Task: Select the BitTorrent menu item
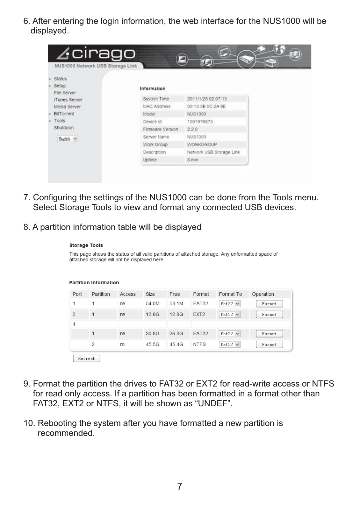coord(64,114)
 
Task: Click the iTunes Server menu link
coord(68,100)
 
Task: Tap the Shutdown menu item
coord(64,128)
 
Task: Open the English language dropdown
coord(68,139)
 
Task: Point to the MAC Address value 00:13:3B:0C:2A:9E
coord(206,106)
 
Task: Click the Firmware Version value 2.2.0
coord(192,129)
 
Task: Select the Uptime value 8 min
coord(192,160)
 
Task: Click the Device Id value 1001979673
coord(200,122)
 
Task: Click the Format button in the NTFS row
coord(269,344)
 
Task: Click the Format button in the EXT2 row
coord(269,315)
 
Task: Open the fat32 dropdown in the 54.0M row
coord(230,304)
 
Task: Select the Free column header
coord(175,294)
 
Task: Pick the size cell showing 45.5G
coord(153,344)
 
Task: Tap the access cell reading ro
coord(122,344)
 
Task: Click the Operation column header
coord(263,294)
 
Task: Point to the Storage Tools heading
coord(86,245)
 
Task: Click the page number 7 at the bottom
coord(180,486)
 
